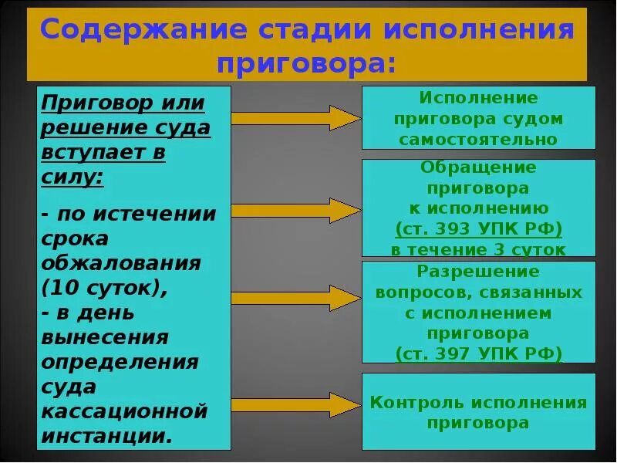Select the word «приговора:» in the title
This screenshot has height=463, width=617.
tap(306, 63)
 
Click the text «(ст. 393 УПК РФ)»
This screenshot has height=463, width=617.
tap(478, 229)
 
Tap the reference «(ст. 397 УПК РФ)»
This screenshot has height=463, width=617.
tap(478, 353)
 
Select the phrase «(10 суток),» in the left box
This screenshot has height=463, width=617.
tap(104, 288)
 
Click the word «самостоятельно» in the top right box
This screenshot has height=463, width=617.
tap(478, 140)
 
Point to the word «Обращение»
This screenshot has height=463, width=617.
tap(478, 167)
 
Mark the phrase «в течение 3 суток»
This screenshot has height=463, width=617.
tap(478, 249)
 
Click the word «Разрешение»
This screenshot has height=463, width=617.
tap(478, 272)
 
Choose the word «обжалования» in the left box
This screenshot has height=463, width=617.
tap(121, 263)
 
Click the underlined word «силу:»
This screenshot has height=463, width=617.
tap(73, 177)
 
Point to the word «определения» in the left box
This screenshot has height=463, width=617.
tap(120, 362)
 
